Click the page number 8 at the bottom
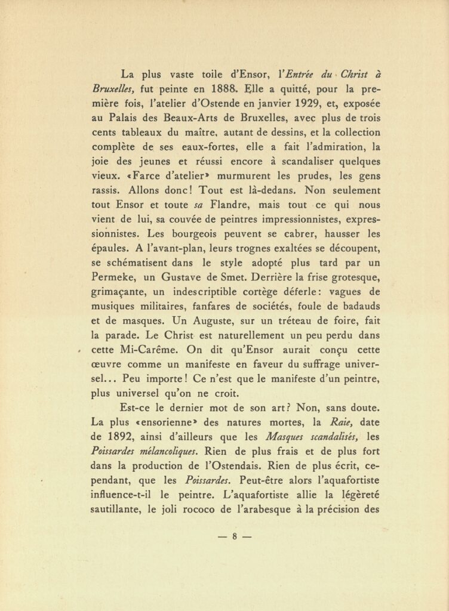235,536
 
